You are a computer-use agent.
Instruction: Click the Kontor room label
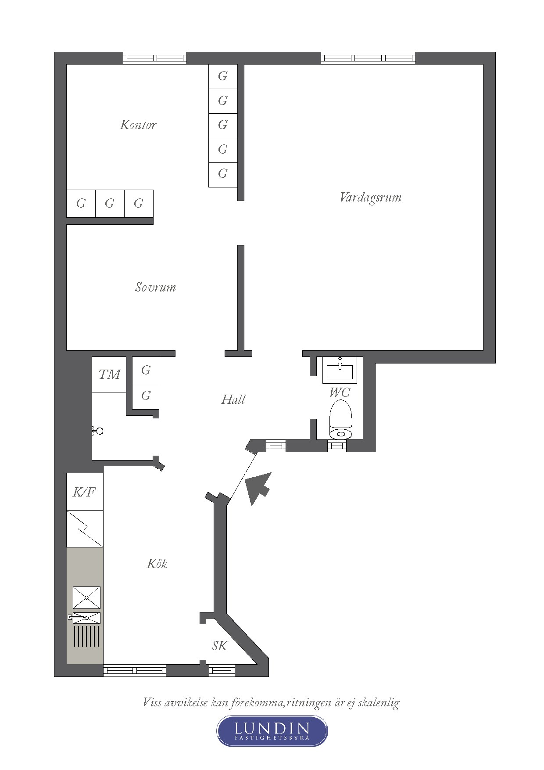(138, 125)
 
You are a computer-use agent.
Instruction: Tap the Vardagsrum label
(370, 198)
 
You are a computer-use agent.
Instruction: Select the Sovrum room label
(155, 287)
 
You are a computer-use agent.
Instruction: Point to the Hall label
(233, 399)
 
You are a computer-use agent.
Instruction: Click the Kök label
(157, 563)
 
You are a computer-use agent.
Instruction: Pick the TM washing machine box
(109, 374)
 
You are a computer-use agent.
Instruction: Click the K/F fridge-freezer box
(85, 492)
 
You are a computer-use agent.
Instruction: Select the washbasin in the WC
(340, 370)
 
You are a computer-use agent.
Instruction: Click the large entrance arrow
(258, 488)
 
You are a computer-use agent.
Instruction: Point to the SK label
(220, 646)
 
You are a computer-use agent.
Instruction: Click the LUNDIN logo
(272, 730)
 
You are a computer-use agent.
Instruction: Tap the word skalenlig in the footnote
(379, 703)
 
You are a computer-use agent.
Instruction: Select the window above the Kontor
(155, 58)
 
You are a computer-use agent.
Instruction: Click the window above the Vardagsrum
(368, 58)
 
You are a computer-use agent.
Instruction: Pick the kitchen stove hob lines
(86, 637)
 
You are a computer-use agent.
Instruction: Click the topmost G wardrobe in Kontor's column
(223, 76)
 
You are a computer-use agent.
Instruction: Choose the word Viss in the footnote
(150, 702)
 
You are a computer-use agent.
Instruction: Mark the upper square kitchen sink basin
(86, 597)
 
